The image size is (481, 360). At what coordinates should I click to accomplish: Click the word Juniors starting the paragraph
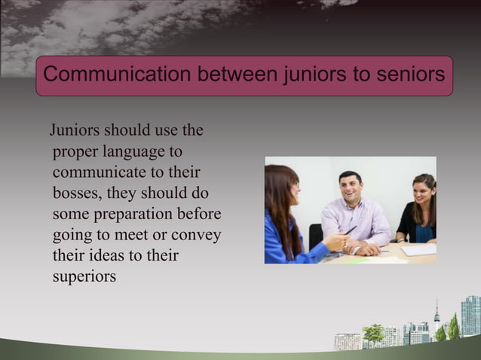[76, 130]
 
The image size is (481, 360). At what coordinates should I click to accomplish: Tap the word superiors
[85, 276]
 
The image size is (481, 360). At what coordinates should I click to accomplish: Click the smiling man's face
[351, 186]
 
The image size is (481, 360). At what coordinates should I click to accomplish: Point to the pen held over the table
[351, 229]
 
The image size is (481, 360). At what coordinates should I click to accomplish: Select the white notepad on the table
[418, 249]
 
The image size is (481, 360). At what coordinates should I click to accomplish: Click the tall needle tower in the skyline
[437, 315]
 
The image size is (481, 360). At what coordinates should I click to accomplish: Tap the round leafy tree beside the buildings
[373, 332]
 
